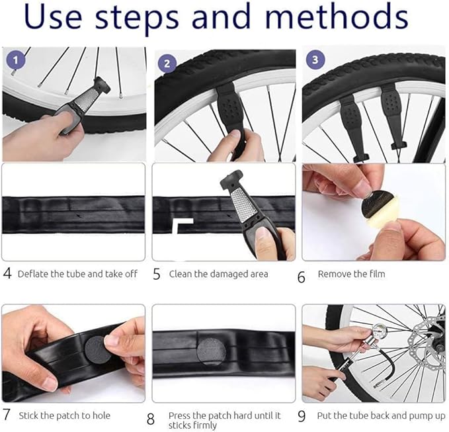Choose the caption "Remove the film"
pyautogui.click(x=351, y=274)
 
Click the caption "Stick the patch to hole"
pyautogui.click(x=64, y=415)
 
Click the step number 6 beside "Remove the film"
pyautogui.click(x=302, y=277)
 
